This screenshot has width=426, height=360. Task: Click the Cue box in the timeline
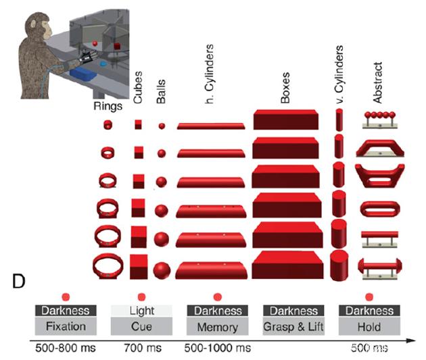141,327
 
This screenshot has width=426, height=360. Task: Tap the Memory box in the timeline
217,327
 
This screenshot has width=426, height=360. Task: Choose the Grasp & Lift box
293,327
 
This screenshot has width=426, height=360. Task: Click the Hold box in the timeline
369,327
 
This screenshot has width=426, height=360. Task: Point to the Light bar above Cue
141,311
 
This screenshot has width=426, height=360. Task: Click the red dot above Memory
217,297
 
